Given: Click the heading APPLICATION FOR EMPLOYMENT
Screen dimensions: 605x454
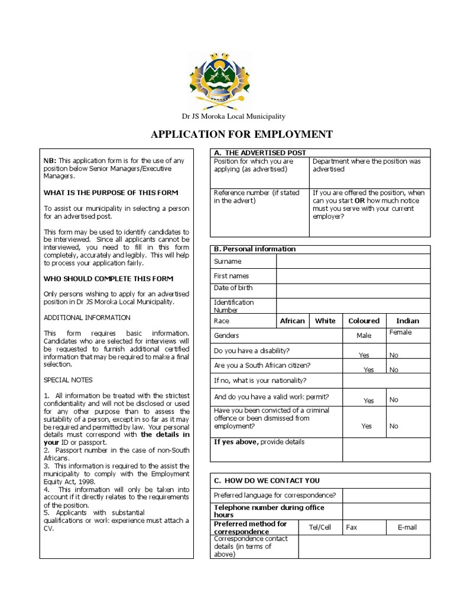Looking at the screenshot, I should click(x=242, y=134).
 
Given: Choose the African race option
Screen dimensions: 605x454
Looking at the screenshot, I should click(x=292, y=321).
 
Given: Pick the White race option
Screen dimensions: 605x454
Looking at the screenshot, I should click(x=325, y=321).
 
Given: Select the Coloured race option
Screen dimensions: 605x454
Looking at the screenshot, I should click(x=364, y=321).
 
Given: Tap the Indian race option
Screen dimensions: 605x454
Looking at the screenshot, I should click(x=407, y=321).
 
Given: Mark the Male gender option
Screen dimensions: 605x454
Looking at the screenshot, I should click(x=364, y=336).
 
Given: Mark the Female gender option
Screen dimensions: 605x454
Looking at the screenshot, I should click(x=400, y=333).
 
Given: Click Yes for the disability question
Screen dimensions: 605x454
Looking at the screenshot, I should click(x=364, y=355).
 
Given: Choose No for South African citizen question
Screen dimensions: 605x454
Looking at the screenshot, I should click(x=394, y=370).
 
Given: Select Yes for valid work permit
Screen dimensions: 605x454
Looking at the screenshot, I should click(x=369, y=401).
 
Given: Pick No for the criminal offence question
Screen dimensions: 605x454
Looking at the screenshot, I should click(x=394, y=426).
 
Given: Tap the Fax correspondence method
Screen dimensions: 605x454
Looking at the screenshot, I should click(x=351, y=527).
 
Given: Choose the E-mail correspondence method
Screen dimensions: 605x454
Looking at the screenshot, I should click(x=408, y=527).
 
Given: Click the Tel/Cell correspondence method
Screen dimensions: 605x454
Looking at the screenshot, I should click(x=320, y=527).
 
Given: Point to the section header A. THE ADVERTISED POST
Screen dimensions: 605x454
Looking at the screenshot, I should click(x=260, y=153).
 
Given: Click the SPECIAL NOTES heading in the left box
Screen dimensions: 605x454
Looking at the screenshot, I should click(x=68, y=380).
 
